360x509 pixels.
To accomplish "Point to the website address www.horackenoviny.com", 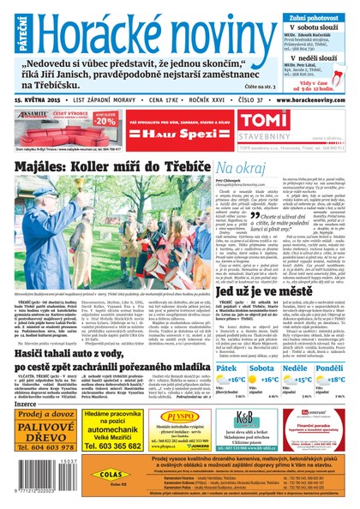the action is click(305, 99).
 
